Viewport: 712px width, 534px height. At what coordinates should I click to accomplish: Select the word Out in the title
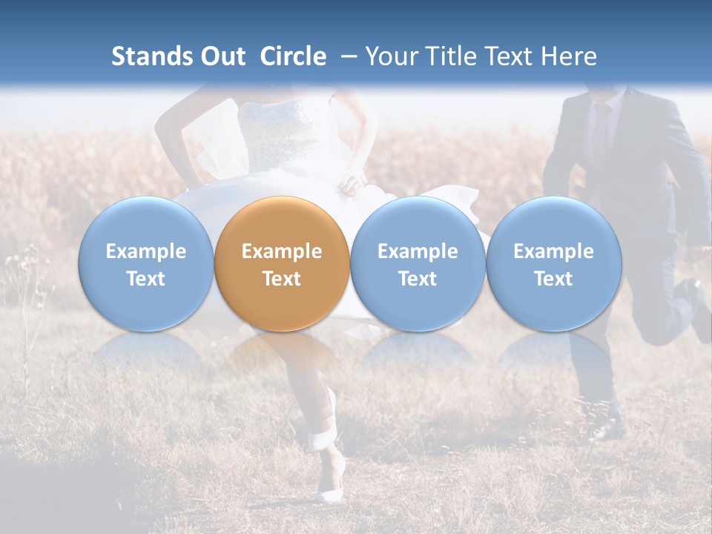(x=220, y=56)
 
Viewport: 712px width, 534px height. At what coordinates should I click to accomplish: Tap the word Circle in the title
(x=293, y=56)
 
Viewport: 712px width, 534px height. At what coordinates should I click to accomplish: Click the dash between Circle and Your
(x=349, y=56)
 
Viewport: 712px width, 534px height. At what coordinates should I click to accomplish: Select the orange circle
(x=282, y=264)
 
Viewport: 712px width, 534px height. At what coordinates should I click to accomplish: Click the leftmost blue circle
(x=146, y=264)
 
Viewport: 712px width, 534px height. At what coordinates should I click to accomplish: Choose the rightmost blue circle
(x=553, y=264)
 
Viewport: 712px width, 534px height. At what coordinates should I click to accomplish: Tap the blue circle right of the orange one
(x=418, y=264)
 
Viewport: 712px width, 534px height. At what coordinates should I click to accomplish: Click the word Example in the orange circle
(x=282, y=251)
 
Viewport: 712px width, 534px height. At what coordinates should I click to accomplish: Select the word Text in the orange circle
(x=282, y=279)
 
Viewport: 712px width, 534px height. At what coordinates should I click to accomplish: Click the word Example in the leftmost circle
(x=146, y=251)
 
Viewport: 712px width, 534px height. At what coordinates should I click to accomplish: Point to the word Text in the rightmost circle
(x=553, y=279)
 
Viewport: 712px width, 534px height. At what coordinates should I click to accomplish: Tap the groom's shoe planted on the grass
(x=607, y=429)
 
